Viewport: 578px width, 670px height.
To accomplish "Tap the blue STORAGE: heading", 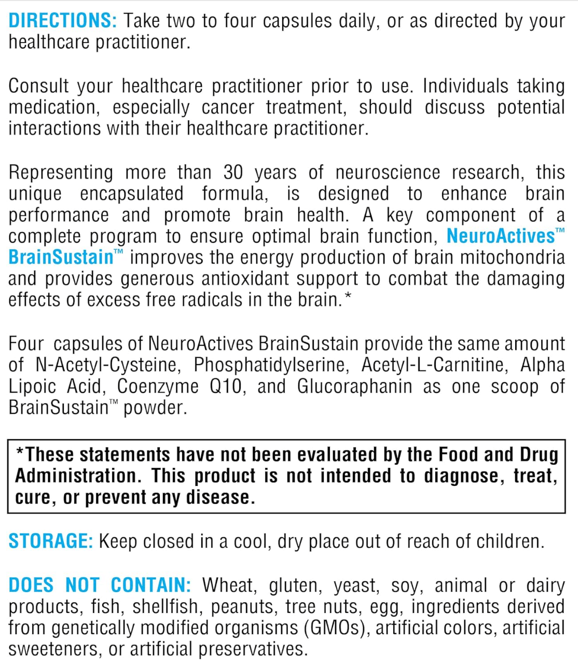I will click(50, 541).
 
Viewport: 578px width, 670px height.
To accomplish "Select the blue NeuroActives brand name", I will click(501, 236).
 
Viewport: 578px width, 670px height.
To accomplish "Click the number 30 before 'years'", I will click(233, 172).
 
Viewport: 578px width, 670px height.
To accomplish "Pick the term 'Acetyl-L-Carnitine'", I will click(434, 365).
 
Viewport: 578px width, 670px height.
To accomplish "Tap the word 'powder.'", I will click(155, 408).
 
